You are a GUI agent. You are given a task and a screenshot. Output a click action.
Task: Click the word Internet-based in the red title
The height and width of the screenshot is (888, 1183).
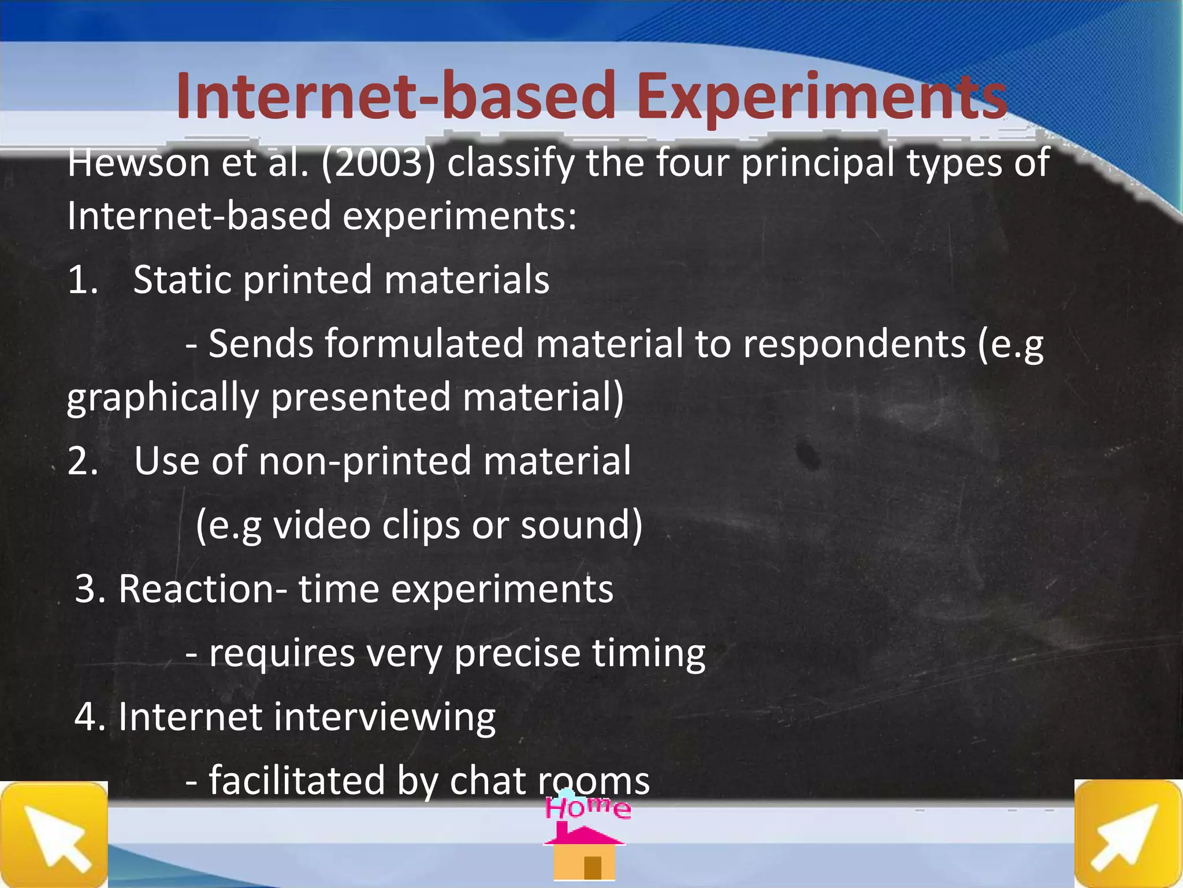click(x=396, y=95)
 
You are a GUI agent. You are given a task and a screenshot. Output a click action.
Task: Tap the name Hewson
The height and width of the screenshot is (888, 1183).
click(x=138, y=163)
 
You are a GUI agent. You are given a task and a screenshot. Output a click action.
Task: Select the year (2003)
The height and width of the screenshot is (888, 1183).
click(x=378, y=163)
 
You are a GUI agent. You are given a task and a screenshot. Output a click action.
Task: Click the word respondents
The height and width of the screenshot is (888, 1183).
click(x=854, y=345)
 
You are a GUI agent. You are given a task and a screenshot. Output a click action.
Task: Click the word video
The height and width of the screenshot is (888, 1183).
click(x=322, y=525)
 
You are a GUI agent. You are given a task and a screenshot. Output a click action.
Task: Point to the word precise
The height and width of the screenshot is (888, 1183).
click(x=517, y=654)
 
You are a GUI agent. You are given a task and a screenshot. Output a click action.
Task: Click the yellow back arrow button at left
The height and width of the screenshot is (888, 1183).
click(x=54, y=834)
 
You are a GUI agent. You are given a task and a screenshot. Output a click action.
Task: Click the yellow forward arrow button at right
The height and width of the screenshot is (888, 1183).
click(x=1128, y=834)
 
